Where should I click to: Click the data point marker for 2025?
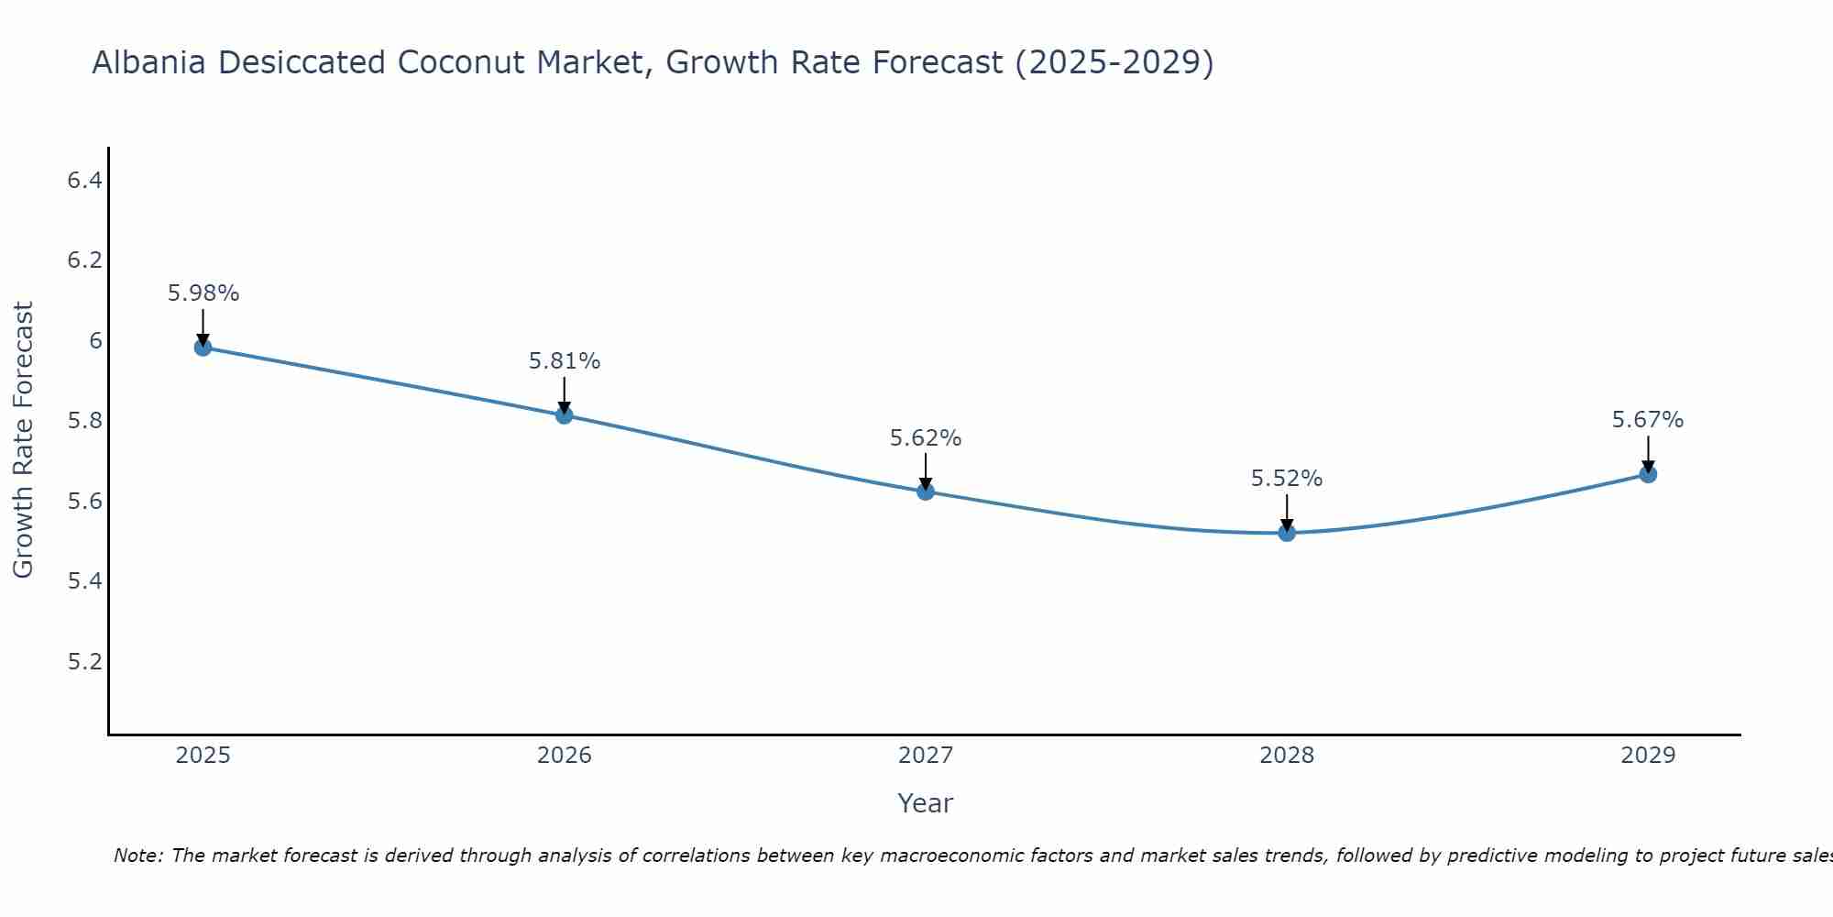203,348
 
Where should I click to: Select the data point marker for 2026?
565,415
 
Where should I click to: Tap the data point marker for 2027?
926,492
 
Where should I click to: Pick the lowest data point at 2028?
1287,533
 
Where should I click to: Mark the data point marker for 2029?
1648,474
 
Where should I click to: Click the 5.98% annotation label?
203,293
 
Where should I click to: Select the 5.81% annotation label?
565,361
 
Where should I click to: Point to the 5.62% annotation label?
926,438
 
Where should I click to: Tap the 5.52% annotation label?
1287,479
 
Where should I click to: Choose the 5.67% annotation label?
1648,420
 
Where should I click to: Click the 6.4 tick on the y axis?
84,181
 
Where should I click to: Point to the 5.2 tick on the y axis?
84,662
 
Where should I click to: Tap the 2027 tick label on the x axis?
926,756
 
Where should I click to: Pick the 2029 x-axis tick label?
1648,756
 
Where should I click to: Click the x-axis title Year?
926,803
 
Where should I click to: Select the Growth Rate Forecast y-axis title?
24,440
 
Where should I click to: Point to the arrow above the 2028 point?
1287,512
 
